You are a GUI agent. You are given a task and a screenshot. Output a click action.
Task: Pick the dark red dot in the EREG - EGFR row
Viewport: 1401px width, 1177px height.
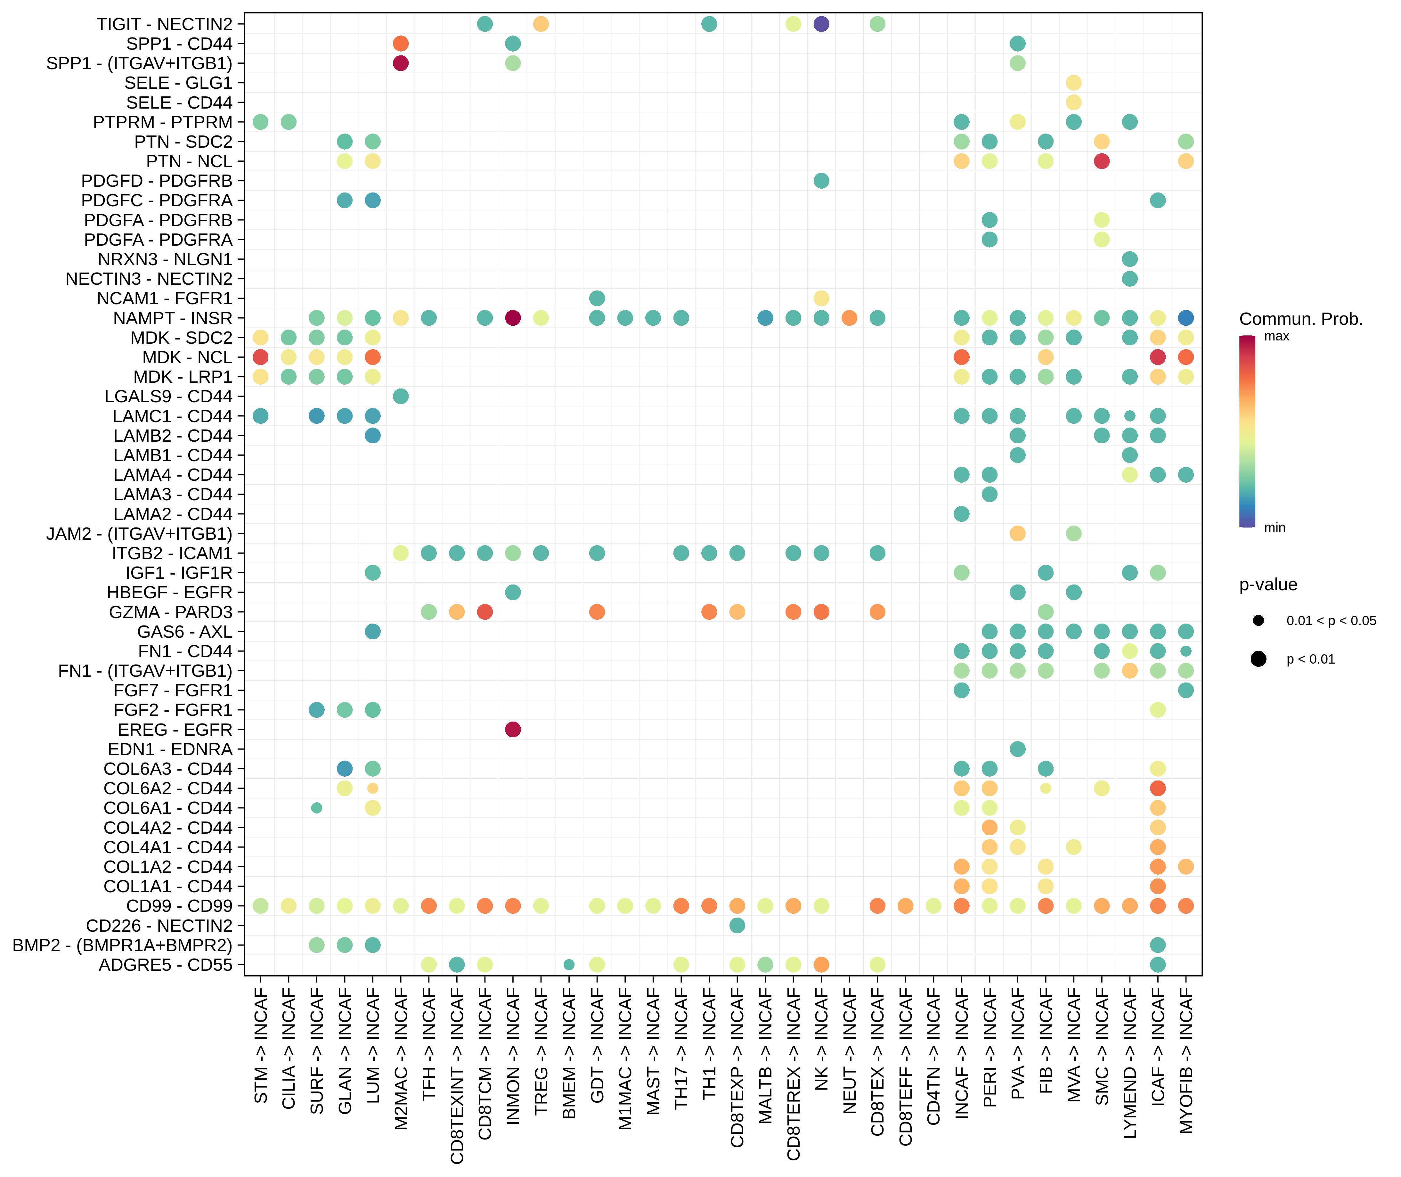pos(513,729)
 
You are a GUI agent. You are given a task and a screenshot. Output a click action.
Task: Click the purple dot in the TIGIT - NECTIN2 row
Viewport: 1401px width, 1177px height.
pos(821,24)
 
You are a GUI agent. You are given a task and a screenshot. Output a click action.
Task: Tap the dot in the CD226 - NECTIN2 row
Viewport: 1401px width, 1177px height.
pos(737,926)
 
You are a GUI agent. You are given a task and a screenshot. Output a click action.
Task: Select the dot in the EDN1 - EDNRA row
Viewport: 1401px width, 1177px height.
pos(1017,749)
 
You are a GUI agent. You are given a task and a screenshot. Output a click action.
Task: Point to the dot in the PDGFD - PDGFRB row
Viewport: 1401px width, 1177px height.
pos(821,181)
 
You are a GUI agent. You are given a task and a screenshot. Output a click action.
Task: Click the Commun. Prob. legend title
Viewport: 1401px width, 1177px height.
pos(1300,319)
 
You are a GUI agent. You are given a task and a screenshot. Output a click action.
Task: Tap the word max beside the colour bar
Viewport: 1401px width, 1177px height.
pos(1276,336)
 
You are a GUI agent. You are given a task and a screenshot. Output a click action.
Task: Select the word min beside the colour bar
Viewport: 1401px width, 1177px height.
pos(1274,528)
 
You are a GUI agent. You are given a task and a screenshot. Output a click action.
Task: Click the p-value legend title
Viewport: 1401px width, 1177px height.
pos(1267,584)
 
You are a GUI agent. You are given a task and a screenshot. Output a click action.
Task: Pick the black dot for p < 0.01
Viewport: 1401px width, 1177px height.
pos(1258,659)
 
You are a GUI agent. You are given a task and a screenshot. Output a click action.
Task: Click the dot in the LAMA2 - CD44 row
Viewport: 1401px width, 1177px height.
pos(961,514)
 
